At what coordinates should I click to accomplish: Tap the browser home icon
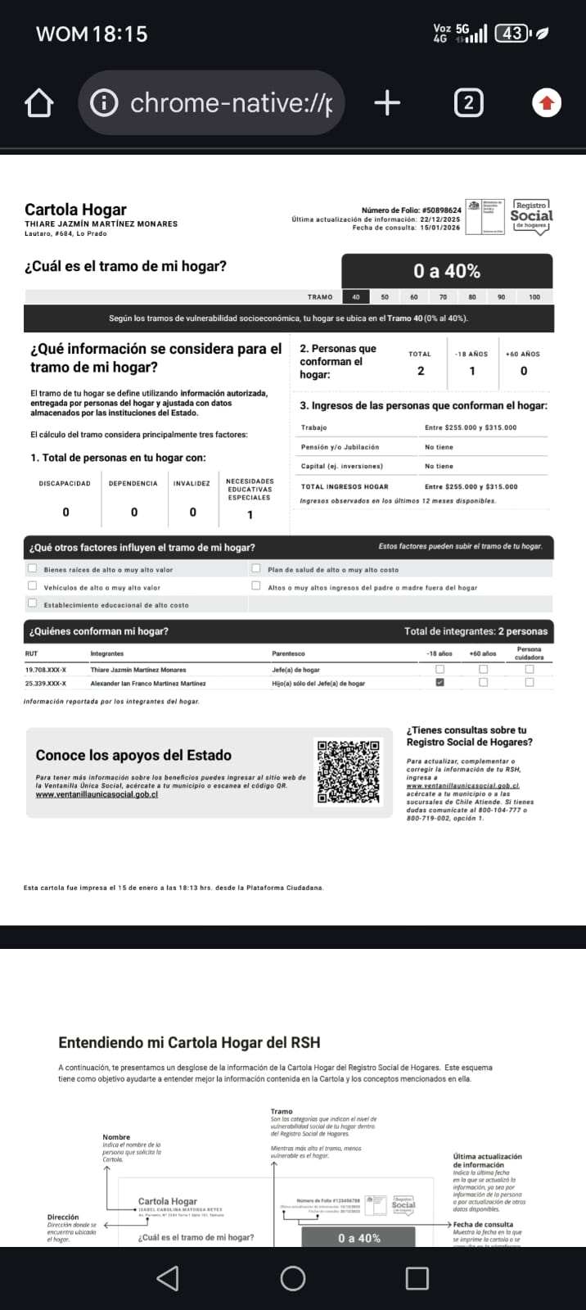39,104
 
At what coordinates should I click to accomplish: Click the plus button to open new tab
387,103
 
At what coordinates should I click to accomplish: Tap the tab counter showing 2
468,103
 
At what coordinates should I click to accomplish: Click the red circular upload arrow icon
547,103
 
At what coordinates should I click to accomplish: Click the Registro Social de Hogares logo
531,217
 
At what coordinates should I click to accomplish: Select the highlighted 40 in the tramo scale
355,297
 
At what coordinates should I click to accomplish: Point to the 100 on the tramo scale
534,297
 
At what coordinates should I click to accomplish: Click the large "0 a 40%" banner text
447,271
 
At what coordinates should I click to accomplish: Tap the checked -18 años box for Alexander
440,682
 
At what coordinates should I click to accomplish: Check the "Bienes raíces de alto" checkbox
33,568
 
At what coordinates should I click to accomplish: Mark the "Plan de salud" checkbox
256,568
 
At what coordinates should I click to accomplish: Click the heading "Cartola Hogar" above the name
75,210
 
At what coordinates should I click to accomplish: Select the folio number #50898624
442,210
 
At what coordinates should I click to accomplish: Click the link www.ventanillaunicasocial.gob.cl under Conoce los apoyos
97,794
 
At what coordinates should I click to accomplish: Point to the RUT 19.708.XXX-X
46,670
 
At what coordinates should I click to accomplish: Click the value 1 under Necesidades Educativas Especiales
250,515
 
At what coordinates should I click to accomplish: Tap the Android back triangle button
167,1278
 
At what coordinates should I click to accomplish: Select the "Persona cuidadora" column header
530,653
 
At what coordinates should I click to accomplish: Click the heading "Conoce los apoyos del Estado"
133,755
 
